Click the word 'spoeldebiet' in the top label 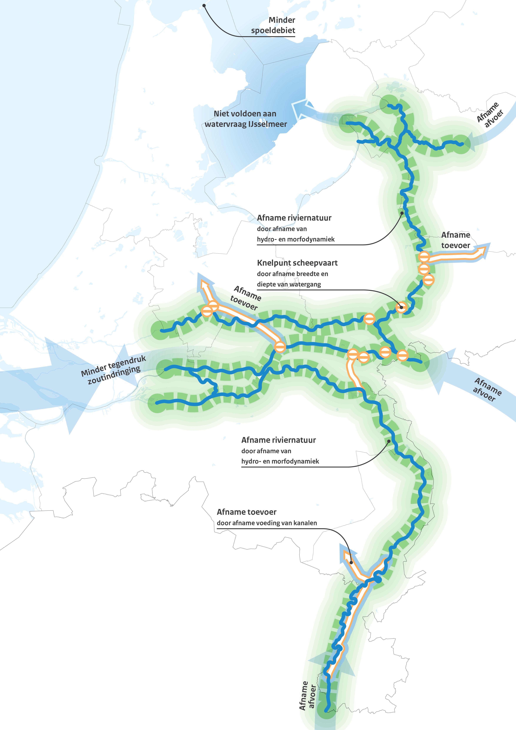tap(273, 30)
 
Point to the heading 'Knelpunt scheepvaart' tap(297, 263)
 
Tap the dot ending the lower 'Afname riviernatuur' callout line tap(389, 441)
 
